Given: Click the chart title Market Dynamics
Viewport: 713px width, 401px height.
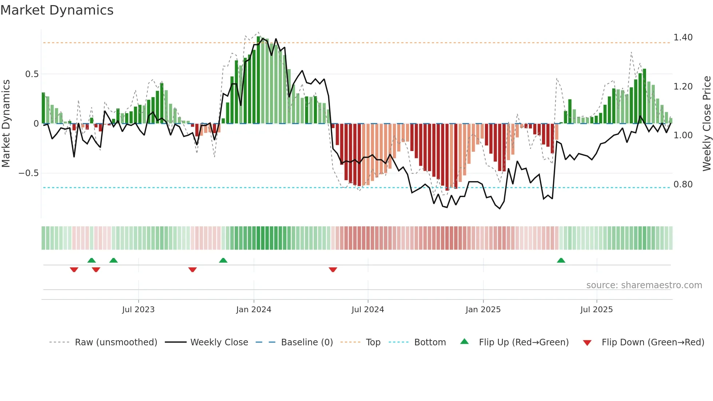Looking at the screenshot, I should [x=57, y=10].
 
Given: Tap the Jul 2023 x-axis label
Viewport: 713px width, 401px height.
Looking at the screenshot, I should [x=138, y=310].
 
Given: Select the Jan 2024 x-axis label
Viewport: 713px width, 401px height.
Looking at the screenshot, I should [x=254, y=310].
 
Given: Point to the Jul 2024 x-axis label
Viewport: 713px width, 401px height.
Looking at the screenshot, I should [x=368, y=310].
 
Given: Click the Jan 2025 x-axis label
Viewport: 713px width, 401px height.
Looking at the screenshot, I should [x=483, y=310].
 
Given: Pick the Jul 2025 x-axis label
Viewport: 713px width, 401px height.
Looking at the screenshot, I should [x=597, y=310].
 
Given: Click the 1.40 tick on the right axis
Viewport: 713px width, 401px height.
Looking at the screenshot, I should [x=683, y=37].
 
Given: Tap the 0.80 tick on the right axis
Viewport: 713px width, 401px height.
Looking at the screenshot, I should [x=683, y=184].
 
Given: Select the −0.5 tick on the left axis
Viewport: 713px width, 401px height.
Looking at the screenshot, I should [x=29, y=173].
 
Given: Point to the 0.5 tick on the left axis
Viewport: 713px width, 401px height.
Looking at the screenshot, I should [x=32, y=74].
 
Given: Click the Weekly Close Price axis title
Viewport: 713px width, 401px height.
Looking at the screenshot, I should [x=707, y=123].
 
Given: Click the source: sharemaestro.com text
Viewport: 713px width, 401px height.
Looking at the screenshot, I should [x=644, y=285].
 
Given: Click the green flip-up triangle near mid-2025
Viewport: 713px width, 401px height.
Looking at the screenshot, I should [x=561, y=261].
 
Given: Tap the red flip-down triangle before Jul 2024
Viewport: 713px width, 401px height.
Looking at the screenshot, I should [x=333, y=270].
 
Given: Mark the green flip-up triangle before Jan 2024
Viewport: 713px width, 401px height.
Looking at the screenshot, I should [x=223, y=261].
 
